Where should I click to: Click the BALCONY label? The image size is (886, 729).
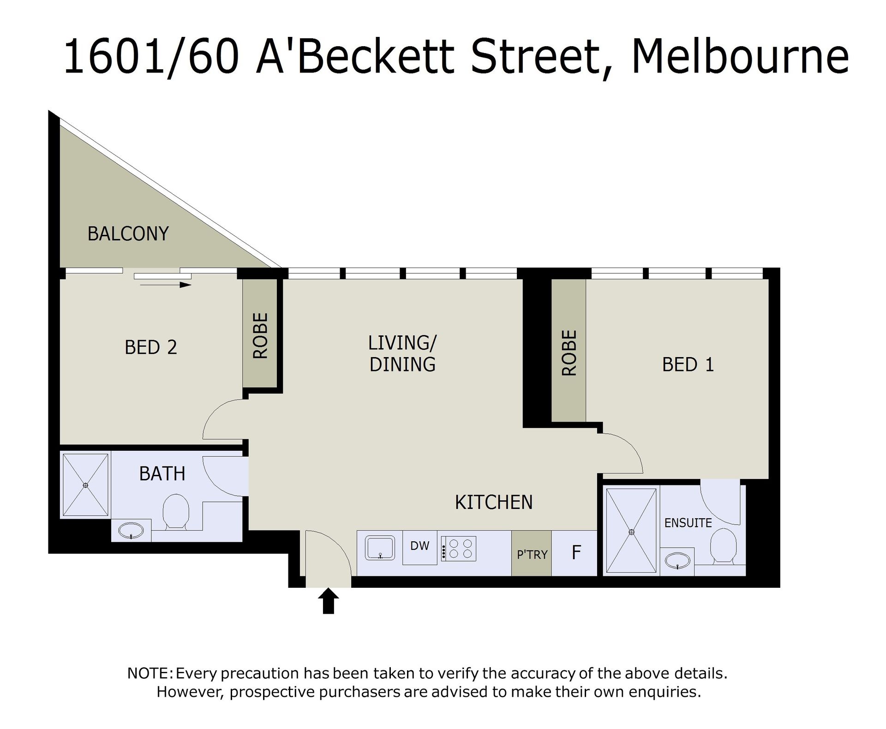128,234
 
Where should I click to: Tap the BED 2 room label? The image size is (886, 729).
151,347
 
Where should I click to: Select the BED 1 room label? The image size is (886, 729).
688,365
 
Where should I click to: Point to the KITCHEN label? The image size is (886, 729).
494,502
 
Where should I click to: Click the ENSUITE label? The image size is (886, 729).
688,523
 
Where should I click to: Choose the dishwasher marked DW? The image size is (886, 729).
420,548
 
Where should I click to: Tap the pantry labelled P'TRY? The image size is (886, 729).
532,553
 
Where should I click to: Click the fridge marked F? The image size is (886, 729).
575,553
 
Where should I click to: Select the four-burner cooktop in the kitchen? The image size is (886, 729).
458,548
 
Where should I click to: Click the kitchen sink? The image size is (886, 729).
380,548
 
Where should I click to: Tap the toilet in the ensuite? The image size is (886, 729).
723,546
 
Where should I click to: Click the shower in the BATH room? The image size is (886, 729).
85,485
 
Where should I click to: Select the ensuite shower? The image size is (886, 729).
631,532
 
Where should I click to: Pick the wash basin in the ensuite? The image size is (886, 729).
677,561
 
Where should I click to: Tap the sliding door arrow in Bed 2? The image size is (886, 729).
166,285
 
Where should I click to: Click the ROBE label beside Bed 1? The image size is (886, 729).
569,353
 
